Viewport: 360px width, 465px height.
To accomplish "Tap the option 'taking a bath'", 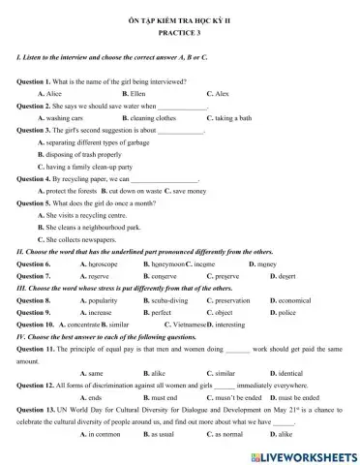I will pos(237,117).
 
